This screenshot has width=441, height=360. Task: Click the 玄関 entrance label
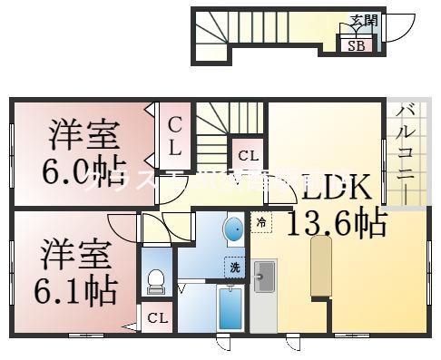[365, 21]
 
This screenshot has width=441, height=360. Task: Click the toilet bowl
[153, 281]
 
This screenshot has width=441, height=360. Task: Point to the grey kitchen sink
[266, 274]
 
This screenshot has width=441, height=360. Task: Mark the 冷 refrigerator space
[260, 221]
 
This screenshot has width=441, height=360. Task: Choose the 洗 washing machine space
[235, 268]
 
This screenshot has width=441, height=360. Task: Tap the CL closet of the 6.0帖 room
[173, 136]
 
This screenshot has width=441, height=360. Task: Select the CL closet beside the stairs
[248, 154]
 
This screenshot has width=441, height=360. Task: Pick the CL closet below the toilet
[157, 317]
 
